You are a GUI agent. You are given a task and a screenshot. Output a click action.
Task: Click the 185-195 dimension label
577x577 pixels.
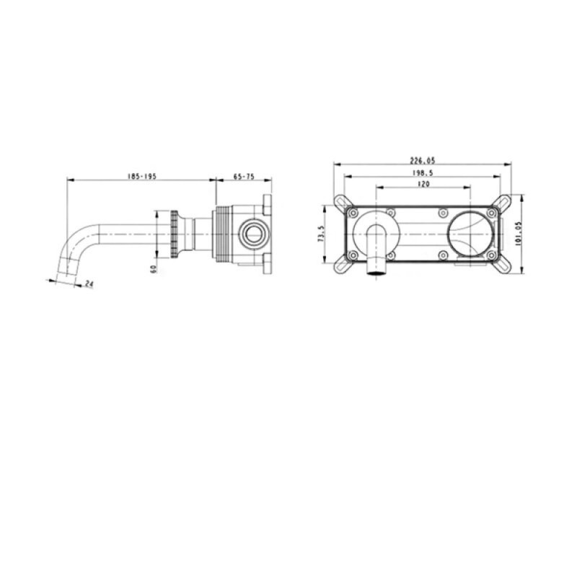pyautogui.click(x=141, y=176)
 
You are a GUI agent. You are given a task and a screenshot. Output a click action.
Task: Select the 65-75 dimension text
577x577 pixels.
pyautogui.click(x=244, y=176)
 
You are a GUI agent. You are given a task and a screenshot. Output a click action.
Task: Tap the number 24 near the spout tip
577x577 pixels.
pyautogui.click(x=89, y=283)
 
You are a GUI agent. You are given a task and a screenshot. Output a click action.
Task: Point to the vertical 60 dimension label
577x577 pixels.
pyautogui.click(x=154, y=269)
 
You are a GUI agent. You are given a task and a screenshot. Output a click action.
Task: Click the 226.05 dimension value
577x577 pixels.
pyautogui.click(x=423, y=160)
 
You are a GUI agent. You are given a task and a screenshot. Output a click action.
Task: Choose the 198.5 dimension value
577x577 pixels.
pyautogui.click(x=423, y=172)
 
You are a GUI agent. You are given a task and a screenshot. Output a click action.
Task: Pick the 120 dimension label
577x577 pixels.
pyautogui.click(x=423, y=184)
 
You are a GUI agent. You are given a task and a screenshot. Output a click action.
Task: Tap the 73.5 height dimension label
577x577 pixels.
pyautogui.click(x=321, y=234)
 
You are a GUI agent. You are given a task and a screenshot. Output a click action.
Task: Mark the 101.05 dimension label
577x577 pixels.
pyautogui.click(x=518, y=234)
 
